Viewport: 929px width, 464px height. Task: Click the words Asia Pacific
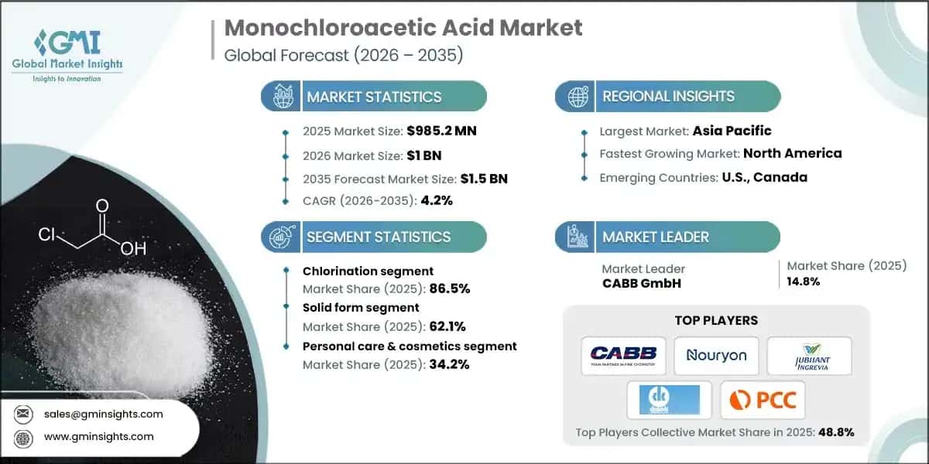click(x=732, y=131)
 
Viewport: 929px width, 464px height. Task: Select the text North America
click(x=793, y=153)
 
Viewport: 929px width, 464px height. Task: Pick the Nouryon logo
click(x=715, y=356)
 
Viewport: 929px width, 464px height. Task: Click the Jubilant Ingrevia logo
click(x=809, y=356)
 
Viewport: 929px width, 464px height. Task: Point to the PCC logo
click(x=762, y=400)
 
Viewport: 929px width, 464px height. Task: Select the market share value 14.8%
click(x=803, y=281)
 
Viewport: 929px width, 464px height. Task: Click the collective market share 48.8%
click(x=835, y=432)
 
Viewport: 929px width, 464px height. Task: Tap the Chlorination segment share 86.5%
click(x=449, y=288)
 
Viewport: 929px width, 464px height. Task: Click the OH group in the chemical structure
click(x=132, y=249)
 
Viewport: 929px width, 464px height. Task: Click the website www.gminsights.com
click(x=99, y=437)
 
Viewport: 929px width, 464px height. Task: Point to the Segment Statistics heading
click(x=379, y=237)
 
